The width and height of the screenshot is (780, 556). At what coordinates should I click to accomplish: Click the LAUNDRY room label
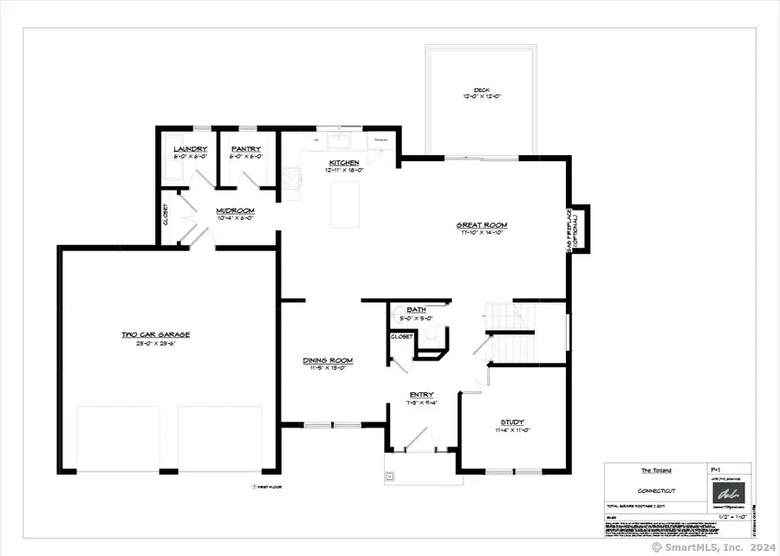pos(190,149)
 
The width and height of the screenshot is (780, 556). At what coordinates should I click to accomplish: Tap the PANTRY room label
pos(245,149)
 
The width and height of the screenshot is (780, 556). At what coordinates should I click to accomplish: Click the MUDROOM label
pos(234,210)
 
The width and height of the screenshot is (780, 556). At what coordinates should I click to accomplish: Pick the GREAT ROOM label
pos(482,225)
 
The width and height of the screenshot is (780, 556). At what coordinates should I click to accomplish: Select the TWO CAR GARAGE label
pos(155,334)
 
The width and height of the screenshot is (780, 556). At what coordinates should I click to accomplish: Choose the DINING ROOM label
pos(327,360)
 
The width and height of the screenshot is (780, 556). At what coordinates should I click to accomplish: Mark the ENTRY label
pos(423,394)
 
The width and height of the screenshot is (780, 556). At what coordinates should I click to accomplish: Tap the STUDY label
pos(512,422)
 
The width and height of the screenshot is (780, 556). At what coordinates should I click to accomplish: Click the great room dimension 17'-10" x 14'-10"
pos(482,234)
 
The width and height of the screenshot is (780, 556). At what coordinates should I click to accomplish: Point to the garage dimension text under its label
pos(155,343)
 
